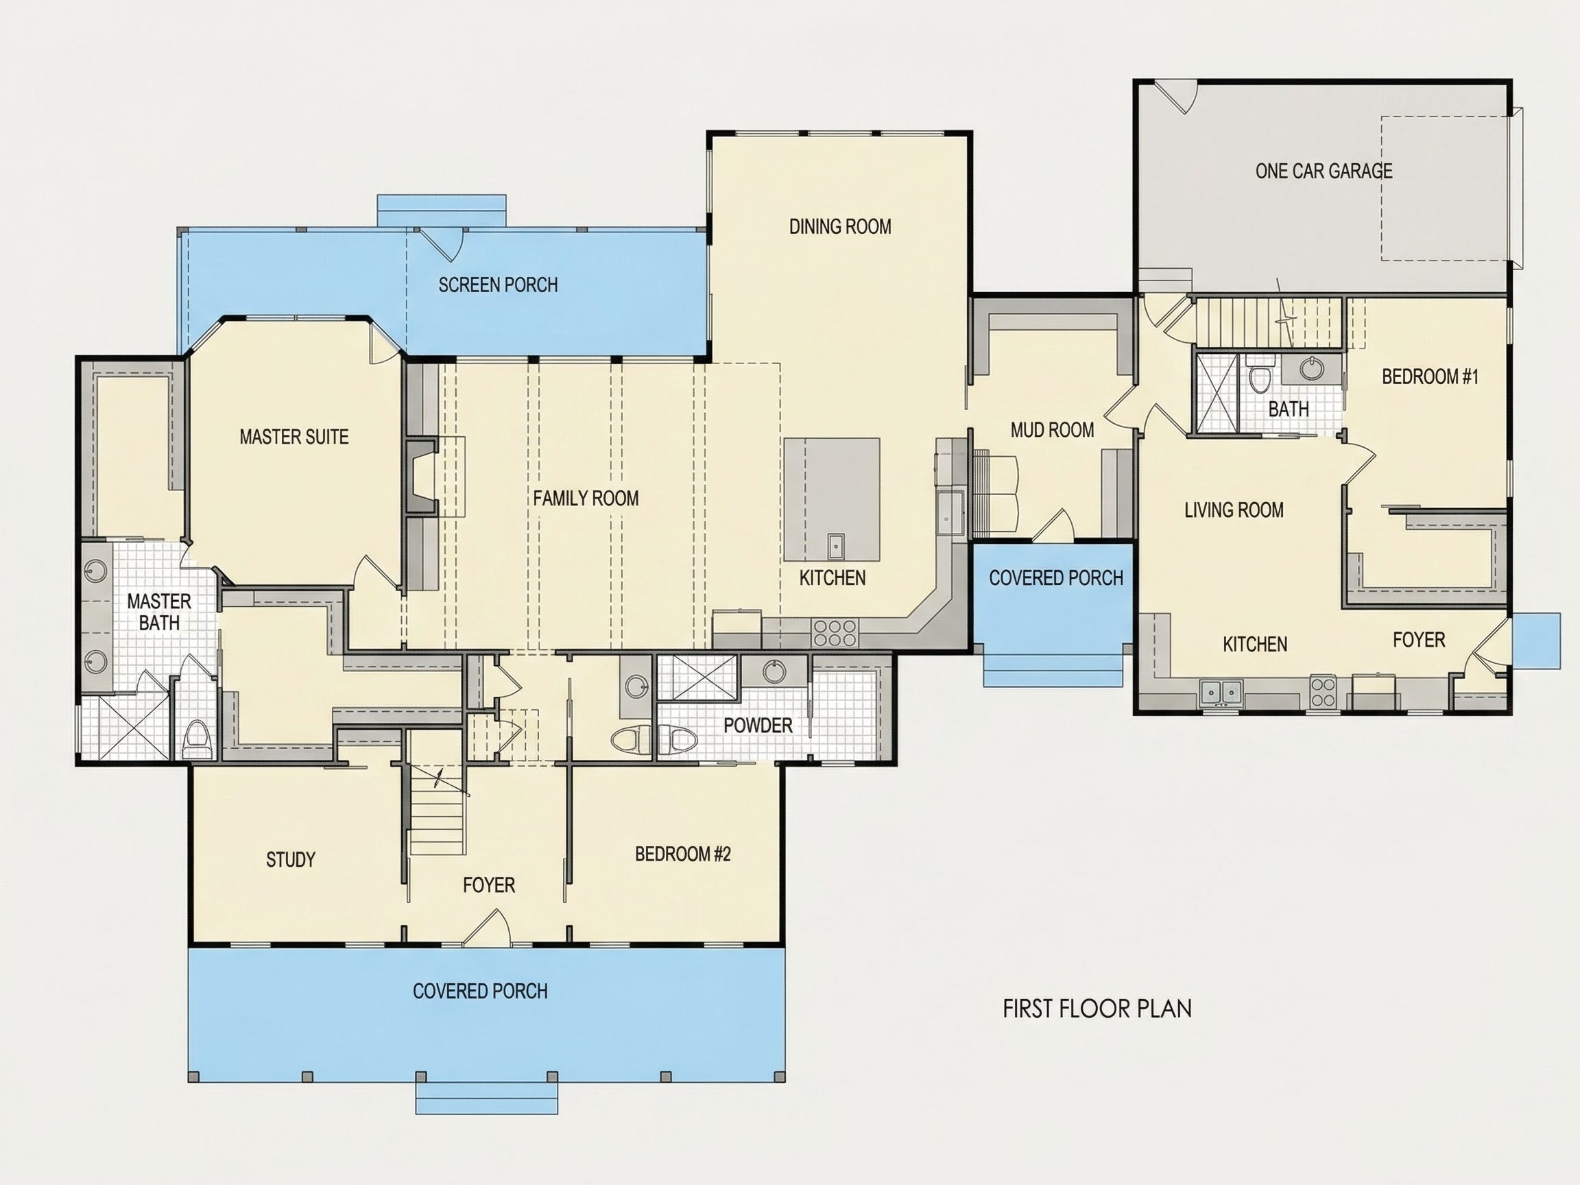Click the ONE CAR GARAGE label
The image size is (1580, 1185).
tap(1324, 171)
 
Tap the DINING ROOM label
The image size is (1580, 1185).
tap(840, 226)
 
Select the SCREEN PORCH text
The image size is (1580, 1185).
tap(498, 285)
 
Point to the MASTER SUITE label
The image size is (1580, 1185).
tap(294, 436)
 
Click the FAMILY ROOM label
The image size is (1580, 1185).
tap(586, 498)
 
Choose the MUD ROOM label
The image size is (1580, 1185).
tap(1052, 429)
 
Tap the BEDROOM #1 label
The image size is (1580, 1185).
tap(1430, 376)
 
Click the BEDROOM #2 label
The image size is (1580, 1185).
tap(683, 854)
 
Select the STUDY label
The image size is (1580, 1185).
tap(291, 859)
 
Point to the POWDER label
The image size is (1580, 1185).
tap(758, 726)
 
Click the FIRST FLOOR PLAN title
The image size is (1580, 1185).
tap(1097, 1009)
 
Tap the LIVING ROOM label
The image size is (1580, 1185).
tap(1234, 510)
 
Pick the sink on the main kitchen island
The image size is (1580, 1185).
tap(836, 546)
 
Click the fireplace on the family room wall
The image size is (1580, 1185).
tap(422, 477)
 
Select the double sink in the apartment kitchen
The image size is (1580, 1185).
tap(1221, 692)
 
